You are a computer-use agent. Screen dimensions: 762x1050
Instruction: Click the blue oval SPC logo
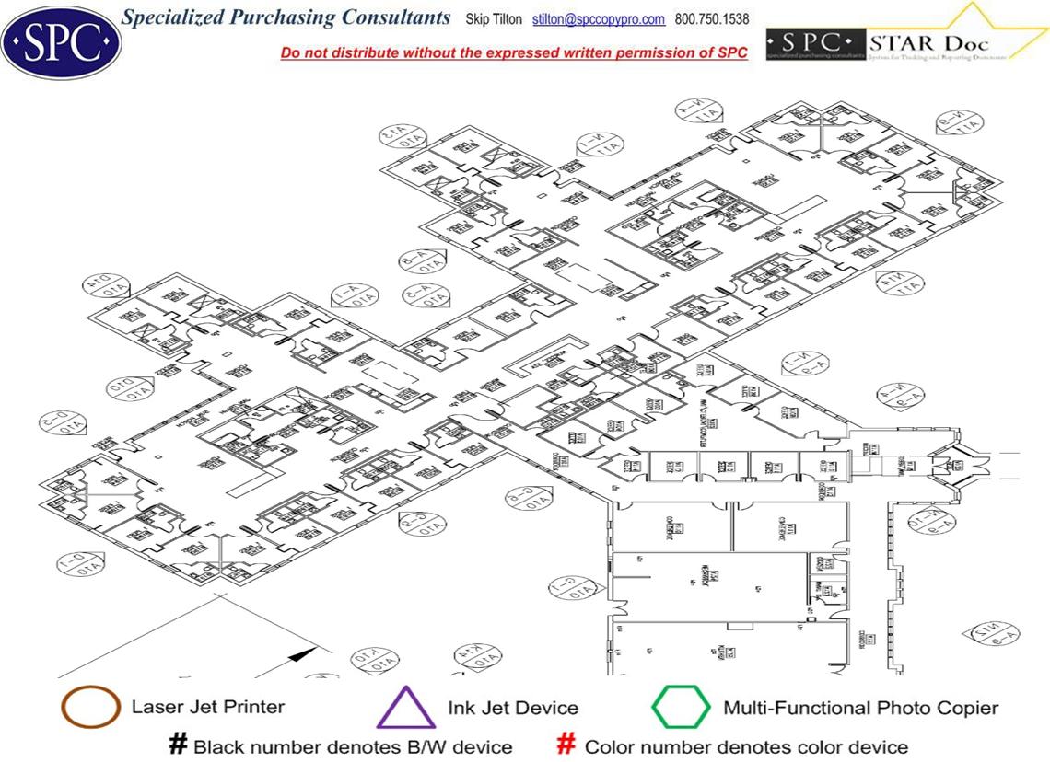(61, 40)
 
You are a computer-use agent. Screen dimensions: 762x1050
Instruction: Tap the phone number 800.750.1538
(712, 19)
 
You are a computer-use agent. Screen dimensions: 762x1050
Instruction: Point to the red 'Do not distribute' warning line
(514, 53)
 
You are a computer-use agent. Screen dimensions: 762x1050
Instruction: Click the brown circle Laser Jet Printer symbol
(89, 708)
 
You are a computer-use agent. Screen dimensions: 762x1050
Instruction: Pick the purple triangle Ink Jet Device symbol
(405, 709)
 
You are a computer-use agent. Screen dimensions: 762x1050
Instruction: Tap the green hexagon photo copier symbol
(681, 709)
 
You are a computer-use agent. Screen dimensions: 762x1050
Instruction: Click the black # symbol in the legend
(177, 745)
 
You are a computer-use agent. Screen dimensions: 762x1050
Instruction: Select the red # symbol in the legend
(567, 745)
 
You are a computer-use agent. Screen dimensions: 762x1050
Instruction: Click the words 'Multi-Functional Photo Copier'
(860, 708)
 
